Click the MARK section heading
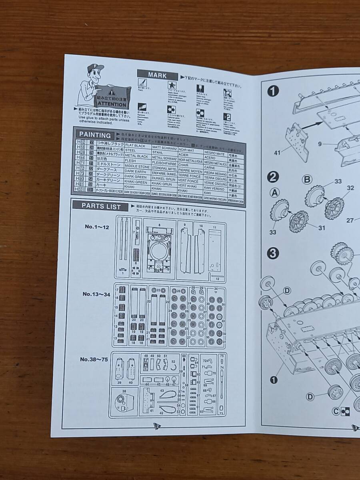click(157, 75)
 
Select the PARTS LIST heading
click(101, 206)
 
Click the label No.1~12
click(96, 226)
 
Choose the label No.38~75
click(94, 359)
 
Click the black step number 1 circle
click(273, 92)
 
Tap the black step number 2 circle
click(273, 176)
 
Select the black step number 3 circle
click(273, 253)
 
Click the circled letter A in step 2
click(274, 193)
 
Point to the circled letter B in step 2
click(307, 179)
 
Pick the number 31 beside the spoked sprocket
click(321, 228)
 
